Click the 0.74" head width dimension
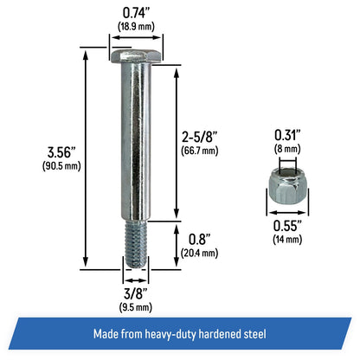tap(136, 13)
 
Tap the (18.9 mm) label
tap(136, 27)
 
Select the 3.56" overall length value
tap(61, 152)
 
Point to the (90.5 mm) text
tap(61, 166)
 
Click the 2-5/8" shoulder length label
tap(199, 137)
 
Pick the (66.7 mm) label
tap(199, 151)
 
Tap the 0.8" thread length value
tap(199, 239)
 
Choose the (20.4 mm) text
tap(199, 253)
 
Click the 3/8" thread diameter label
tap(136, 294)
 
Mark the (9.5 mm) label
tap(136, 307)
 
